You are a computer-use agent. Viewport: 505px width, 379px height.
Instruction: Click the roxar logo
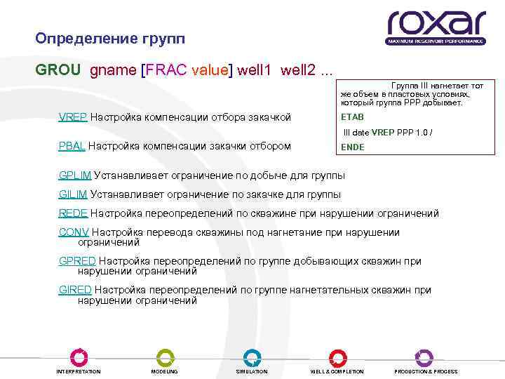[x=435, y=26]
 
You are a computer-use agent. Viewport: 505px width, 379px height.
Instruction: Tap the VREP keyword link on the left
[x=73, y=117]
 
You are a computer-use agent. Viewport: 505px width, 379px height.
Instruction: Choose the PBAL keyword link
[x=72, y=146]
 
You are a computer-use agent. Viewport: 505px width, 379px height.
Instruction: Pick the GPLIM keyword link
[x=75, y=174]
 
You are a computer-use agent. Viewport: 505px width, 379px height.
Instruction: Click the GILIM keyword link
[x=73, y=194]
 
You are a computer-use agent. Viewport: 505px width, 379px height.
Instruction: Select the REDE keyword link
[x=73, y=213]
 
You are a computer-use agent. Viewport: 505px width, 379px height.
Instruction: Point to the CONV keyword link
[x=74, y=232]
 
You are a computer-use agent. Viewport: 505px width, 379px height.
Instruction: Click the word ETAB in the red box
[x=352, y=117]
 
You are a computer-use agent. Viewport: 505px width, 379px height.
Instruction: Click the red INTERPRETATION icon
[x=79, y=356]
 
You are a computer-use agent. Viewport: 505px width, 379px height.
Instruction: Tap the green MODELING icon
[x=165, y=356]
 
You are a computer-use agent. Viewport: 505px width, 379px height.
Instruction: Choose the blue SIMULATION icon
[x=252, y=356]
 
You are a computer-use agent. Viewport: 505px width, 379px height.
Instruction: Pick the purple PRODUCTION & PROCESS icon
[x=424, y=356]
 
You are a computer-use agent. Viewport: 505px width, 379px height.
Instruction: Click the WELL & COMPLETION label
[x=337, y=371]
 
